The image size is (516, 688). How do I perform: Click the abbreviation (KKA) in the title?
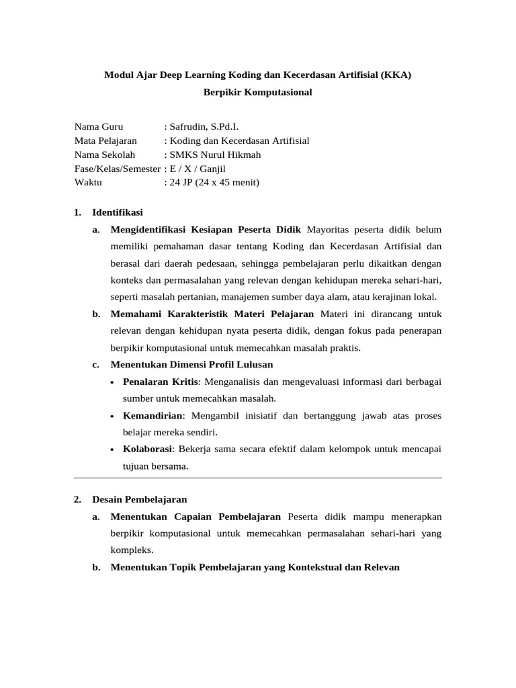pos(396,75)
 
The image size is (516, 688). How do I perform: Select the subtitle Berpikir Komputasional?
pos(258,92)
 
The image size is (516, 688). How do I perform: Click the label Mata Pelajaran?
pos(105,140)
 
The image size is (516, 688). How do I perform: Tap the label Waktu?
pos(88,182)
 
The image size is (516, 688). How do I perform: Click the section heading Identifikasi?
pos(118,212)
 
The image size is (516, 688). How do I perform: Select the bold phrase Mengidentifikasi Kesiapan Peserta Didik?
pos(207,230)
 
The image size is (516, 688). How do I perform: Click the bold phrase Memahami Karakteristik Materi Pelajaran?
pos(212,314)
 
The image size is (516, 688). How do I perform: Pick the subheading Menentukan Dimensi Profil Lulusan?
pos(191,364)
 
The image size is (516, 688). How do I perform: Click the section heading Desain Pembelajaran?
pos(140,499)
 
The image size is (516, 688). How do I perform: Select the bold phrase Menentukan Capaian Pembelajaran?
pos(195,517)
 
